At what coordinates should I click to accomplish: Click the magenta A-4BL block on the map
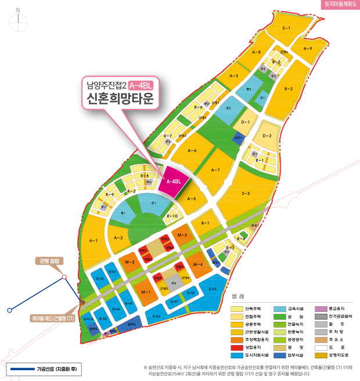(174, 182)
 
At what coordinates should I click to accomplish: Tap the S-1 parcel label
(286, 28)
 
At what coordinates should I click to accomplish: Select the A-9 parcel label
(308, 49)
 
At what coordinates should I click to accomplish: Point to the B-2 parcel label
(289, 89)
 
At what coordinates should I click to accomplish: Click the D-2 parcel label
(267, 136)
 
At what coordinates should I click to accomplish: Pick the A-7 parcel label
(215, 170)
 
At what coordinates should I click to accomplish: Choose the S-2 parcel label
(246, 193)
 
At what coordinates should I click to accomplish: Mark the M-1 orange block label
(146, 291)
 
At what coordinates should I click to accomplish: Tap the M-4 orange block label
(198, 264)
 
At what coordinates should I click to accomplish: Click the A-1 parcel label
(93, 240)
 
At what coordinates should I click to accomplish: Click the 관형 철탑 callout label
(51, 261)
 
